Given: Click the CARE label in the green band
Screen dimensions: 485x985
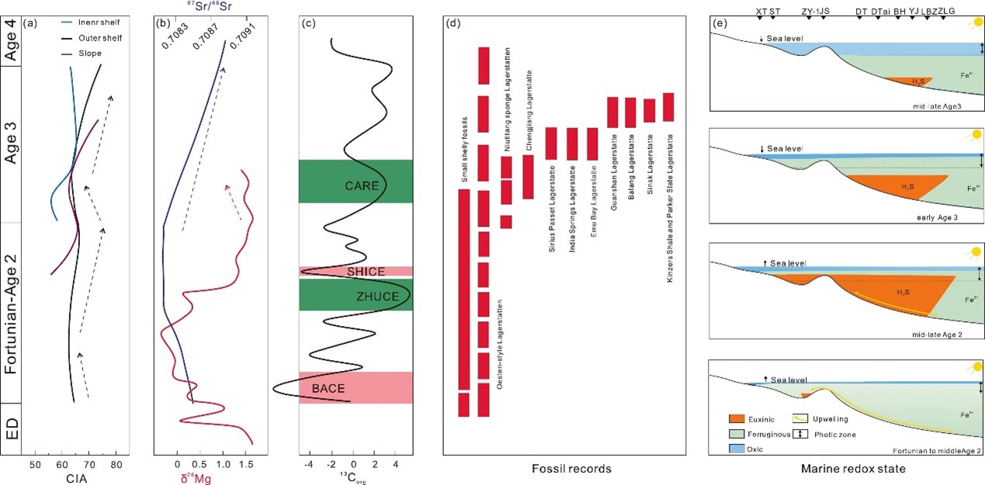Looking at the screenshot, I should click(x=362, y=185).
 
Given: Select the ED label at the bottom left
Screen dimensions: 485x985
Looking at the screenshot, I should click(x=12, y=426).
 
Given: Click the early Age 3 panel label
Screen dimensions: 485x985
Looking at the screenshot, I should click(x=935, y=217).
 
